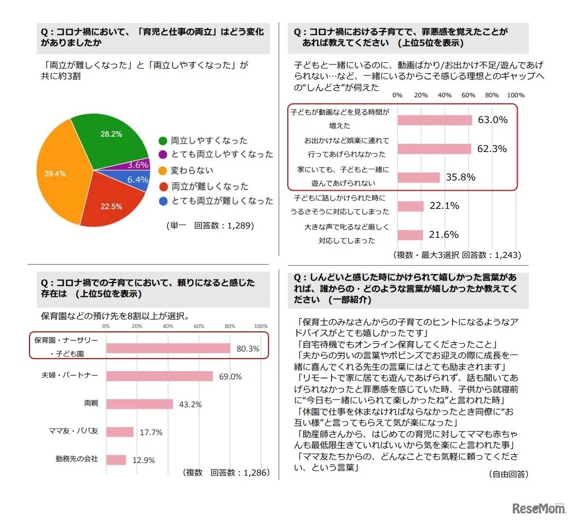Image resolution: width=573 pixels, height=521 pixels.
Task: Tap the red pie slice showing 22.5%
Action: pyautogui.click(x=112, y=202)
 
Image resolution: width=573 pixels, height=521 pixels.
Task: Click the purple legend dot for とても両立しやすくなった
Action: pyautogui.click(x=163, y=155)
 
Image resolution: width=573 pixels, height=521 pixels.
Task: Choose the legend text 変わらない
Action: pyautogui.click(x=192, y=170)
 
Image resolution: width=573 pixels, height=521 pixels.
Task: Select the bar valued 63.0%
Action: pyautogui.click(x=435, y=120)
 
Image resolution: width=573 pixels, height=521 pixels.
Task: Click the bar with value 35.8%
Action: pyautogui.click(x=419, y=177)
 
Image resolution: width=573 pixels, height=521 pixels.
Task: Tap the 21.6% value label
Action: pyautogui.click(x=444, y=235)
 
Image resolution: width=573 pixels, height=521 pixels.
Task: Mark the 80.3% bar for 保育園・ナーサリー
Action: pyautogui.click(x=168, y=348)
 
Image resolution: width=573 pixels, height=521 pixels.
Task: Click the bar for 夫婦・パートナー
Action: pyautogui.click(x=159, y=376)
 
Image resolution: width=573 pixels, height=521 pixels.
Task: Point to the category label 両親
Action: pyautogui.click(x=91, y=403)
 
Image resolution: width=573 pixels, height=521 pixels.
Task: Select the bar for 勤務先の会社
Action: pyautogui.click(x=116, y=460)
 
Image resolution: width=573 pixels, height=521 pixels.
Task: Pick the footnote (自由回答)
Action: pyautogui.click(x=508, y=475)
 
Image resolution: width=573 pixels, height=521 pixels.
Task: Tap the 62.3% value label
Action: pyautogui.click(x=491, y=149)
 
